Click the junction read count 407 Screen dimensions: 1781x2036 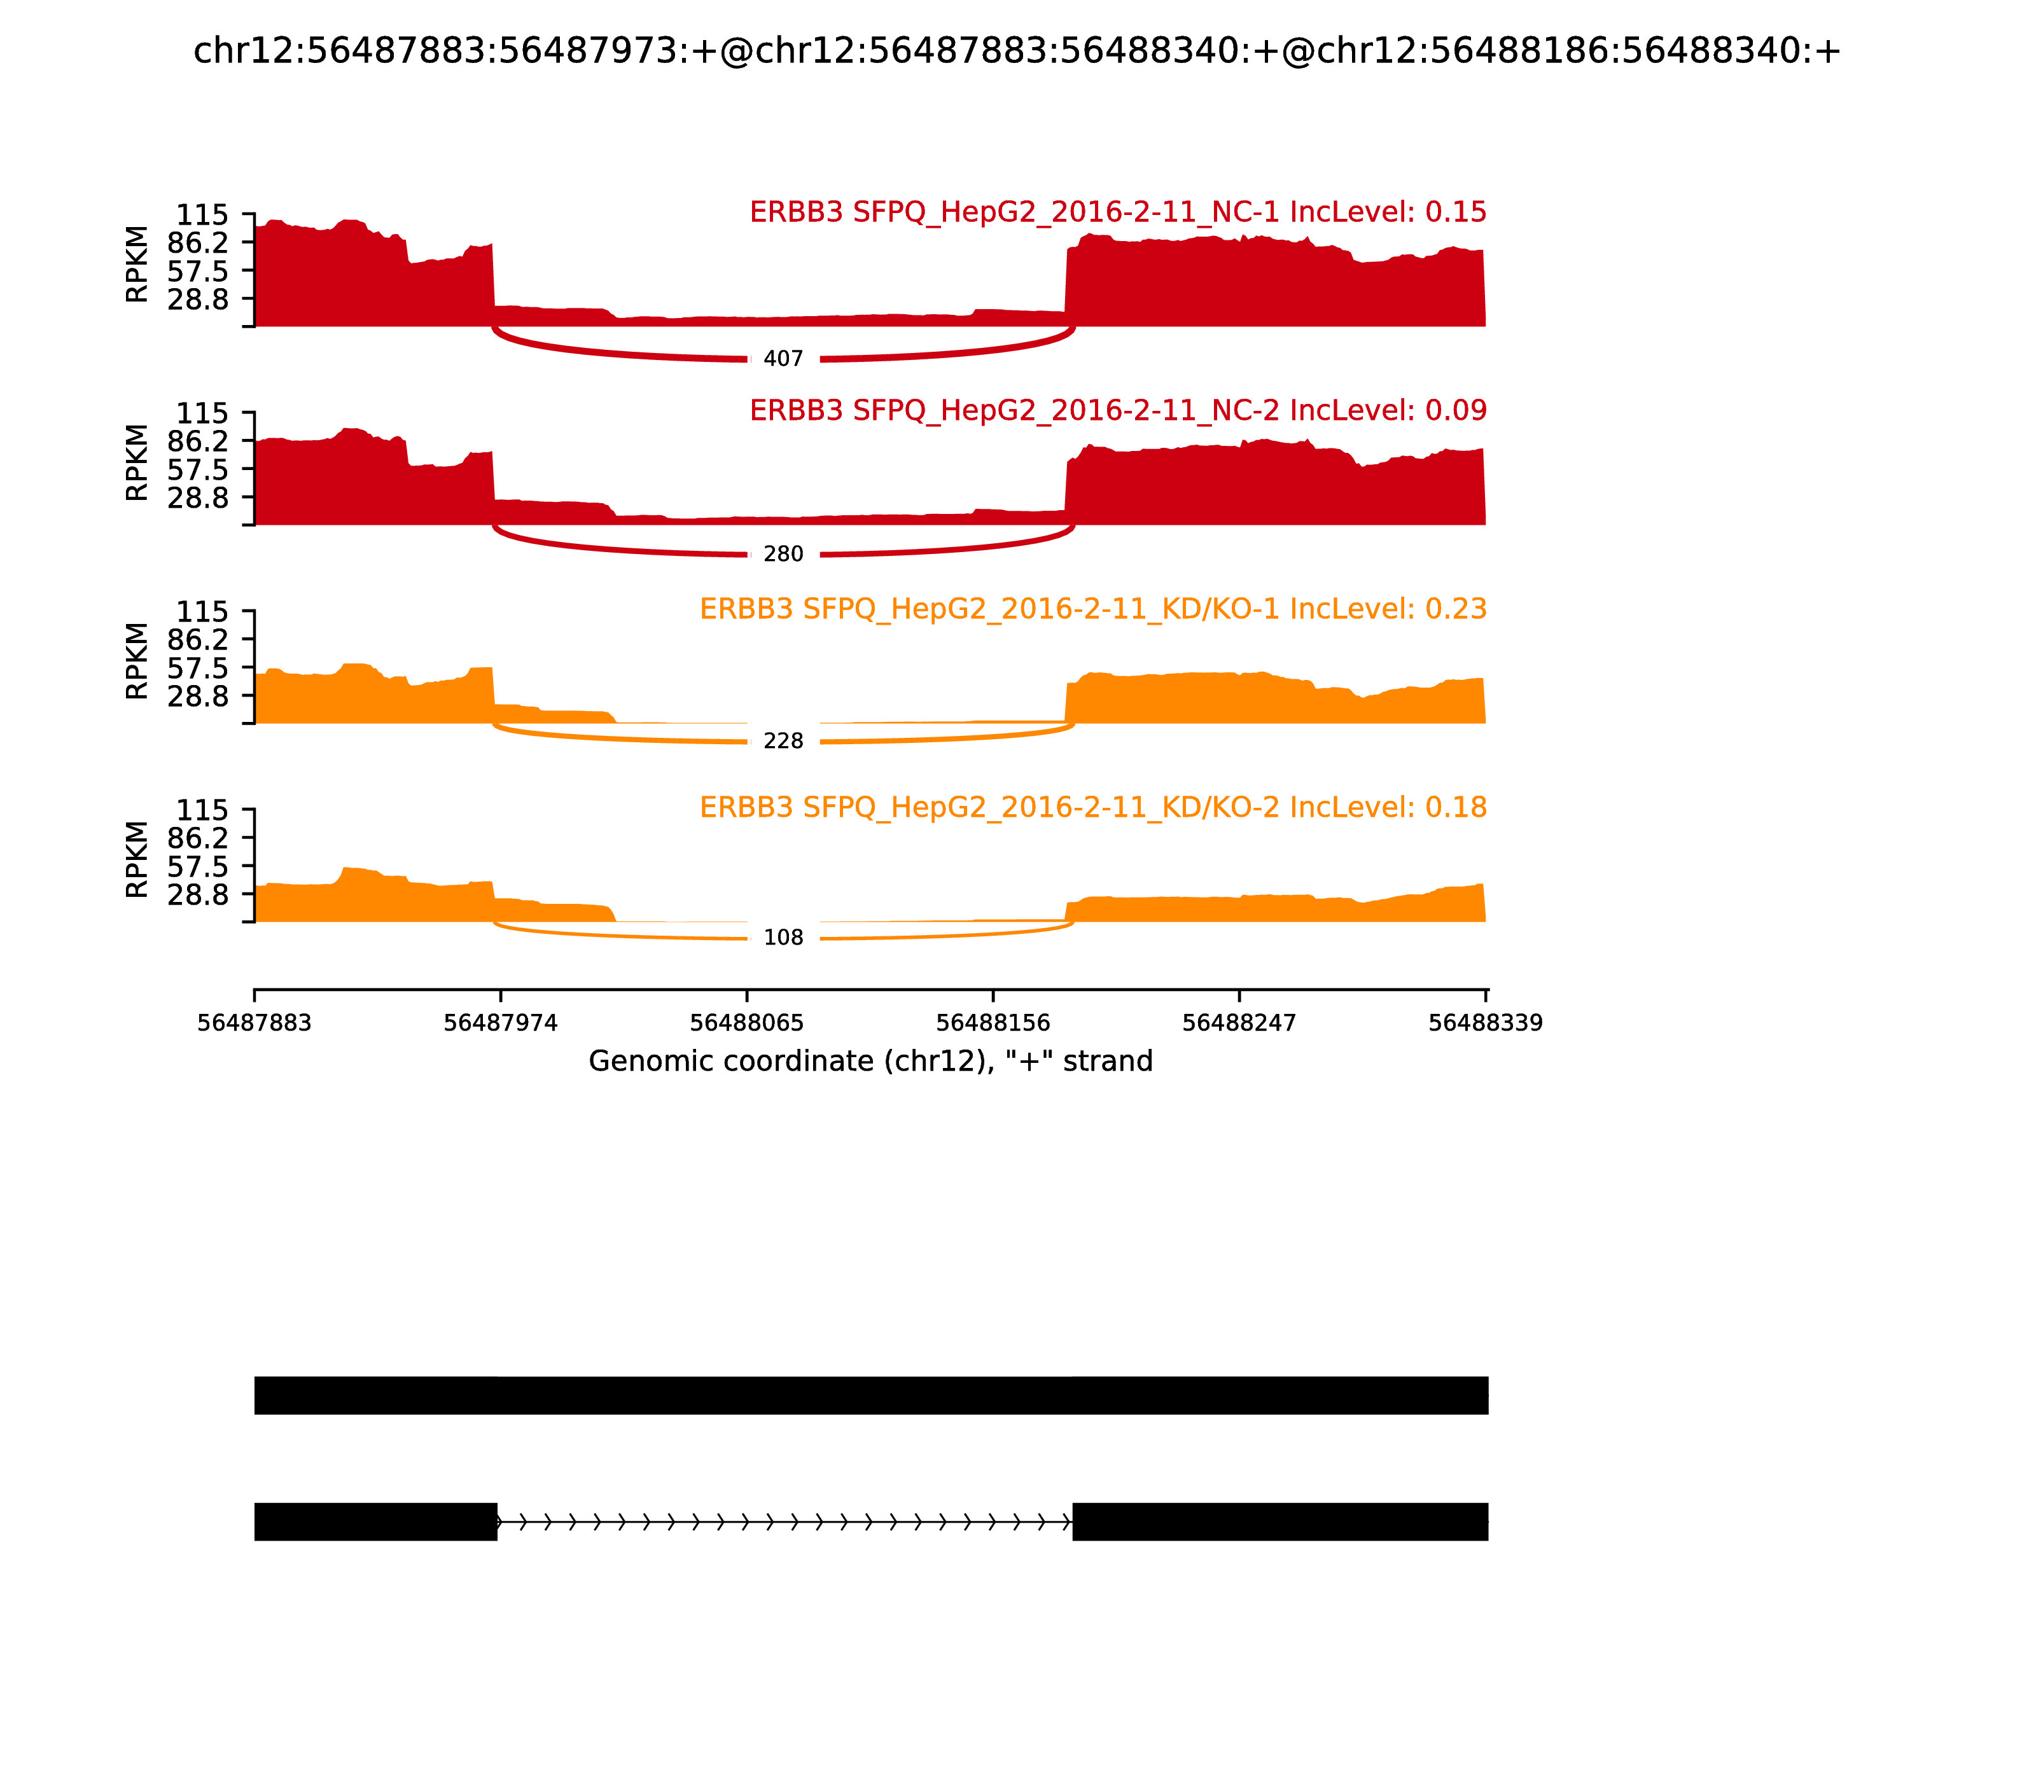783,359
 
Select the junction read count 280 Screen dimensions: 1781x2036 783,555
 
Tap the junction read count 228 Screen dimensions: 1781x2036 783,742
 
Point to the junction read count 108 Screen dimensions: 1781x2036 783,938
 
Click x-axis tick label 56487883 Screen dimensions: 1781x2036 254,1023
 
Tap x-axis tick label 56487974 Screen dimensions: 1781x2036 501,1023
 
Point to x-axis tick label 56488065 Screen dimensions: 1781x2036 746,1023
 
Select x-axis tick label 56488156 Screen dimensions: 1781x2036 993,1023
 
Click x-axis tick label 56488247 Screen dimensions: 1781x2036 1239,1023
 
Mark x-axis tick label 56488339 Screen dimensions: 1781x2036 1485,1023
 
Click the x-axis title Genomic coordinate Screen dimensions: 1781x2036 871,1062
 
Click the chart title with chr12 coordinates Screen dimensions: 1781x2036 1017,52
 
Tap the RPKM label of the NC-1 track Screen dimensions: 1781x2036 137,265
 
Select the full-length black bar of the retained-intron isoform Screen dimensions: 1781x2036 871,1396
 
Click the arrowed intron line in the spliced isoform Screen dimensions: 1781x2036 784,1521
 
